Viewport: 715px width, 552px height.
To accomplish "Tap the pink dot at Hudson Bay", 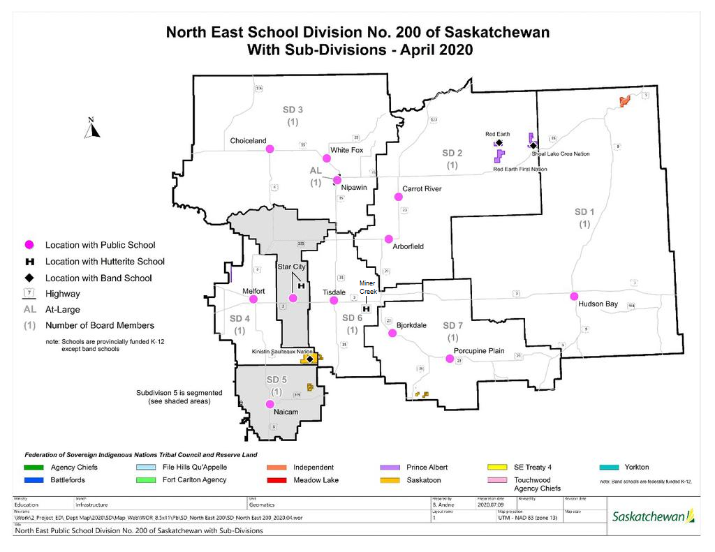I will click(574, 296).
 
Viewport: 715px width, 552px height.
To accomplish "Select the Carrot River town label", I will click(422, 188).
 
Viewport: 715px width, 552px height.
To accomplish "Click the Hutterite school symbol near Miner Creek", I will click(365, 308).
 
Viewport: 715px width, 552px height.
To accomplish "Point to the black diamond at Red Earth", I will click(499, 142).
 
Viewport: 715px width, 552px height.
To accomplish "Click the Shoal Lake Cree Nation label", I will click(560, 154).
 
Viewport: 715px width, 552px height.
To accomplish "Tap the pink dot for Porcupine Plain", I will click(450, 359).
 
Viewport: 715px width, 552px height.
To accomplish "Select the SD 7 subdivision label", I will click(452, 325).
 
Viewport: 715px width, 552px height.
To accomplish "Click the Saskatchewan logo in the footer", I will click(653, 516).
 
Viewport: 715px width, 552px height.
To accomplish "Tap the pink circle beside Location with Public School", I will click(29, 245).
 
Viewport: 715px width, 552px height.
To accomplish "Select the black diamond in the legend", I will click(29, 278).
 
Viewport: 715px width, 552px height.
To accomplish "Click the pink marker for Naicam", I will click(270, 404).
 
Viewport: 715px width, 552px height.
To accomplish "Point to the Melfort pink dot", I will click(253, 299).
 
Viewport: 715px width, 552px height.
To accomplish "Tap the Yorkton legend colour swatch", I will click(611, 468).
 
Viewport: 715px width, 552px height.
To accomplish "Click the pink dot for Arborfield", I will click(388, 239).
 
